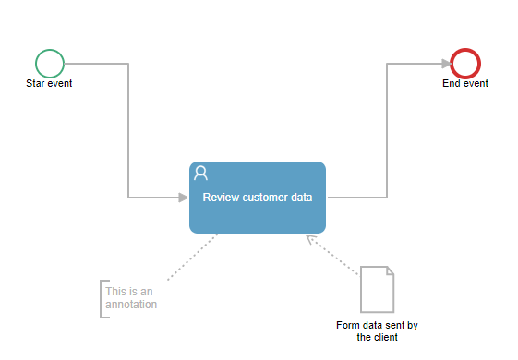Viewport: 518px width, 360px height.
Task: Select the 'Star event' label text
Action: (49, 83)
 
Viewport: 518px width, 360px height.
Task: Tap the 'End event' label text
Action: (465, 83)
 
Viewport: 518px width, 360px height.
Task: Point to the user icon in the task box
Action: (200, 173)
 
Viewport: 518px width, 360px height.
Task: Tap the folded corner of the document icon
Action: (391, 270)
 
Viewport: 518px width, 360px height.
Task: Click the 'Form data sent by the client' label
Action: (377, 331)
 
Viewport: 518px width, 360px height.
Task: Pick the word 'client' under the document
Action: (388, 337)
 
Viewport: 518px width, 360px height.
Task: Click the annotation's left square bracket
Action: (101, 299)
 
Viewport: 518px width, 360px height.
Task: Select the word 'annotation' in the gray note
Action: (131, 305)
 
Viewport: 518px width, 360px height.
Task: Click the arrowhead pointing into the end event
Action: (447, 64)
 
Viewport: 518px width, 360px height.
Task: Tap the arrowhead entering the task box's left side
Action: (183, 198)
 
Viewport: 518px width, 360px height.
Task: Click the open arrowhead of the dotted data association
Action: (310, 239)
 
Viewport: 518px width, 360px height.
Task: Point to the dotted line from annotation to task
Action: (193, 257)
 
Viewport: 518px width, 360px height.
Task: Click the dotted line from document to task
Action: (333, 256)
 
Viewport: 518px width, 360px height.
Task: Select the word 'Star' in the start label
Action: (35, 83)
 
